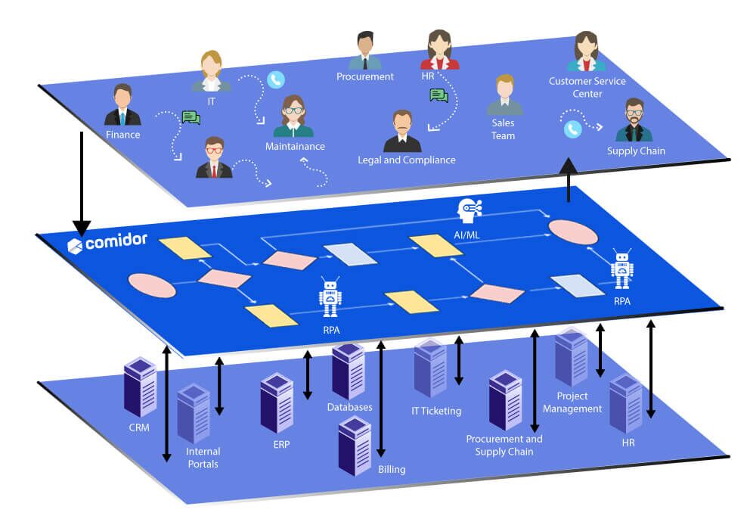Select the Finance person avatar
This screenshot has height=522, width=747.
coord(122,106)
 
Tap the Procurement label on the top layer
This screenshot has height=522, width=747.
coord(364,76)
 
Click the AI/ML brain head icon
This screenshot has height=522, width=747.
coord(469,210)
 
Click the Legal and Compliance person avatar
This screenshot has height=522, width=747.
coord(402,132)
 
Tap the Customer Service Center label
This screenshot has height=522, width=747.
coord(587,87)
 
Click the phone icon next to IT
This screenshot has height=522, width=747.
coord(275,79)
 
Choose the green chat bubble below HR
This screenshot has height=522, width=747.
coord(439,95)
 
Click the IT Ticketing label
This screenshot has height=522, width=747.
coord(435,411)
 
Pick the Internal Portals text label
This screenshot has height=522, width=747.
coord(202,458)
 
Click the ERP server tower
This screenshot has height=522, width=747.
coord(276,402)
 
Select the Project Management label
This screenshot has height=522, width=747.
coord(578,402)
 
